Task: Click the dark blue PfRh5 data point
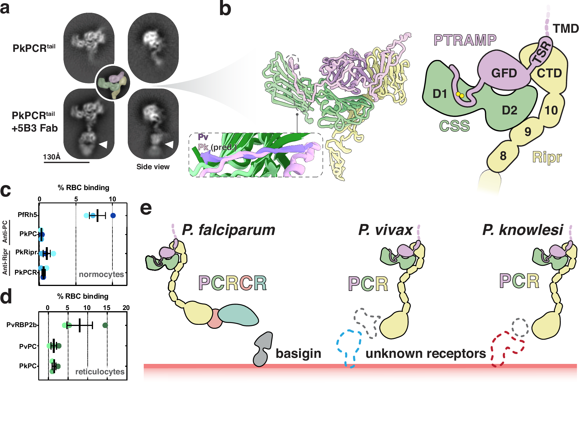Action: pyautogui.click(x=113, y=215)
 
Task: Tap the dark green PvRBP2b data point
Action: pyautogui.click(x=105, y=325)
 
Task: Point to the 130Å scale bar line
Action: pyautogui.click(x=66, y=162)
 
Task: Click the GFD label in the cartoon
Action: pyautogui.click(x=504, y=73)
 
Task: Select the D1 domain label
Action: pyautogui.click(x=440, y=94)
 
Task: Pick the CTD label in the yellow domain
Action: pyautogui.click(x=549, y=73)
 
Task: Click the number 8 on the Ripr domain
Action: pyautogui.click(x=503, y=156)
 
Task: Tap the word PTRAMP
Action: pyautogui.click(x=465, y=40)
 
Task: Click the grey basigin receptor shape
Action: pyautogui.click(x=262, y=349)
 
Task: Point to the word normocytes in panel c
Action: pyautogui.click(x=101, y=274)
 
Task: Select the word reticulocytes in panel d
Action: pyautogui.click(x=100, y=371)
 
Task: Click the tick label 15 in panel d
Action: pyautogui.click(x=106, y=308)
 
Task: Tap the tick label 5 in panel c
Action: pyautogui.click(x=76, y=199)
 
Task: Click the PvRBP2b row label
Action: pyautogui.click(x=21, y=325)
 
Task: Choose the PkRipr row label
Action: pyautogui.click(x=26, y=252)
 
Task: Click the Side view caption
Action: pyautogui.click(x=153, y=167)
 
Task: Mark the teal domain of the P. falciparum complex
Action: pyautogui.click(x=238, y=315)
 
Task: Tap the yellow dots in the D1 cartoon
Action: pyautogui.click(x=460, y=95)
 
